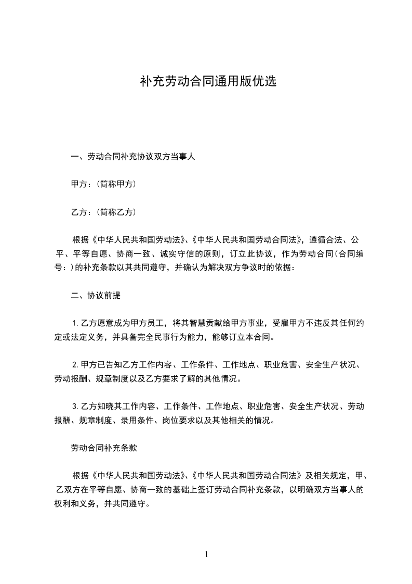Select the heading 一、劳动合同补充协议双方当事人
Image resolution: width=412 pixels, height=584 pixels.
[x=133, y=156]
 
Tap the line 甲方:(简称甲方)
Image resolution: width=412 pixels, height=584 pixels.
[x=103, y=184]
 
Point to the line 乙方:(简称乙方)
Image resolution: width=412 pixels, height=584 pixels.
[x=103, y=212]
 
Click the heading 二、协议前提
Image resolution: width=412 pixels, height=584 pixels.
[x=96, y=296]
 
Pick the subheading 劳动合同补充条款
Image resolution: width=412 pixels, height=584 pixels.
[x=104, y=447]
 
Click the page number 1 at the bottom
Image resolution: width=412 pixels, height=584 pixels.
[x=206, y=554]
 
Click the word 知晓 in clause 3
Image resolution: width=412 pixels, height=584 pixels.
[x=100, y=407]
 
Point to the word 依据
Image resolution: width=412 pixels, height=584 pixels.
[x=287, y=268]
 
